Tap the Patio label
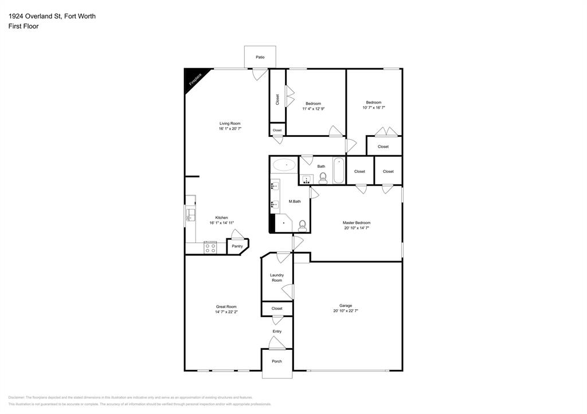(260, 57)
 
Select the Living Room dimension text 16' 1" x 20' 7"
(229, 129)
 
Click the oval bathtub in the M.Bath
(284, 165)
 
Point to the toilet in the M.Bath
(302, 226)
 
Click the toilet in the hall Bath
(323, 178)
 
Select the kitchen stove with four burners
(210, 248)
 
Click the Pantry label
(237, 246)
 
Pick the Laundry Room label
(277, 278)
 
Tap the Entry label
(277, 332)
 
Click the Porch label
(277, 361)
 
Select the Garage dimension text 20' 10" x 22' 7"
(346, 311)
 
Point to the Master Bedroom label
(357, 223)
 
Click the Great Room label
(226, 307)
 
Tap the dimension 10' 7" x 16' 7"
(374, 108)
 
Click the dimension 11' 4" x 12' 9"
(314, 109)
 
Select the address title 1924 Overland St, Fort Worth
(52, 16)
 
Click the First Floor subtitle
(24, 26)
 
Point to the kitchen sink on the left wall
(190, 214)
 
